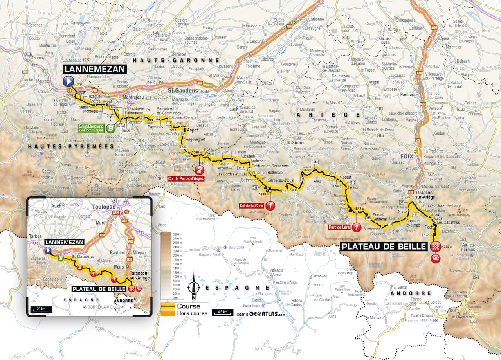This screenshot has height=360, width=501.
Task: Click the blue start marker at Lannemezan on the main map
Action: pos(68,81)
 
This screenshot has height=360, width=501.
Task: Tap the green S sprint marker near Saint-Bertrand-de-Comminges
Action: pos(111,128)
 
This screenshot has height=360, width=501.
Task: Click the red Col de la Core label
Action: pos(252,205)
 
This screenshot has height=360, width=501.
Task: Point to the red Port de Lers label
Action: pos(339,227)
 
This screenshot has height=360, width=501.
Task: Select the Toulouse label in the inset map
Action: pos(104,207)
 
